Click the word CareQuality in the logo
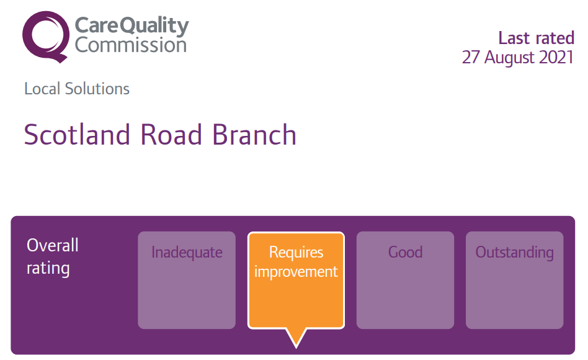[x=131, y=26]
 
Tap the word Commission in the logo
[x=130, y=45]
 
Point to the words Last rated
[x=537, y=38]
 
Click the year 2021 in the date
[x=556, y=58]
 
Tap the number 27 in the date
[x=471, y=58]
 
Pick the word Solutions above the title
[x=97, y=89]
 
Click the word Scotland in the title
[x=77, y=135]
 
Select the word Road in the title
[x=171, y=135]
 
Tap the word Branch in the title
[x=254, y=135]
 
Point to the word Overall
[x=53, y=246]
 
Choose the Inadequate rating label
[x=187, y=253]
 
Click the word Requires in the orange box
[x=296, y=252]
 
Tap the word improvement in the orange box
[x=296, y=272]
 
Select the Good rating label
[x=406, y=252]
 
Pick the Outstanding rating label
[x=515, y=253]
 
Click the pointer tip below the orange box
[x=296, y=348]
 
